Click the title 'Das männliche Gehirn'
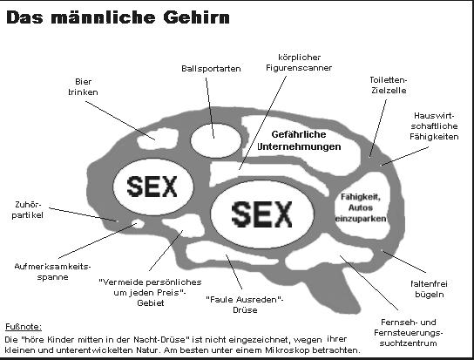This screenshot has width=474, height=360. click(118, 17)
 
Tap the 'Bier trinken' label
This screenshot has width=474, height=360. click(83, 87)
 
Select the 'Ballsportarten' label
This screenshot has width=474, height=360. click(211, 69)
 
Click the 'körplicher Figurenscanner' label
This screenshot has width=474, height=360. click(299, 63)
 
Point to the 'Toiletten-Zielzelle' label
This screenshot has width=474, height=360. click(389, 85)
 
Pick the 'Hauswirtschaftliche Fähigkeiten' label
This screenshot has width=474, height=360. click(434, 126)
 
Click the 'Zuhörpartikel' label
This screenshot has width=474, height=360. click(28, 210)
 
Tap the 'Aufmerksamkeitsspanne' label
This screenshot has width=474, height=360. click(52, 272)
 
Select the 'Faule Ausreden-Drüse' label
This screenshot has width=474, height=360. click(245, 304)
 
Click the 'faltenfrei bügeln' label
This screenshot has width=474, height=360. click(430, 289)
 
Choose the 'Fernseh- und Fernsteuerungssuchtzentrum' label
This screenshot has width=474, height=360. click(408, 333)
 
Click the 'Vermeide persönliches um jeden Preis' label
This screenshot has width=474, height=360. click(150, 293)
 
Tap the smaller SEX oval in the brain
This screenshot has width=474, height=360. click(152, 187)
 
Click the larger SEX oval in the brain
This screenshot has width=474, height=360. click(261, 214)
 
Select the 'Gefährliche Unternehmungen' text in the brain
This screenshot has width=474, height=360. click(299, 140)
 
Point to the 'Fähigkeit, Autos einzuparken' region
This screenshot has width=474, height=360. click(361, 207)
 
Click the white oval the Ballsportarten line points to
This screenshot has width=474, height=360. click(216, 140)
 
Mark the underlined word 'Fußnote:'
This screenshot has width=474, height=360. click(24, 327)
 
